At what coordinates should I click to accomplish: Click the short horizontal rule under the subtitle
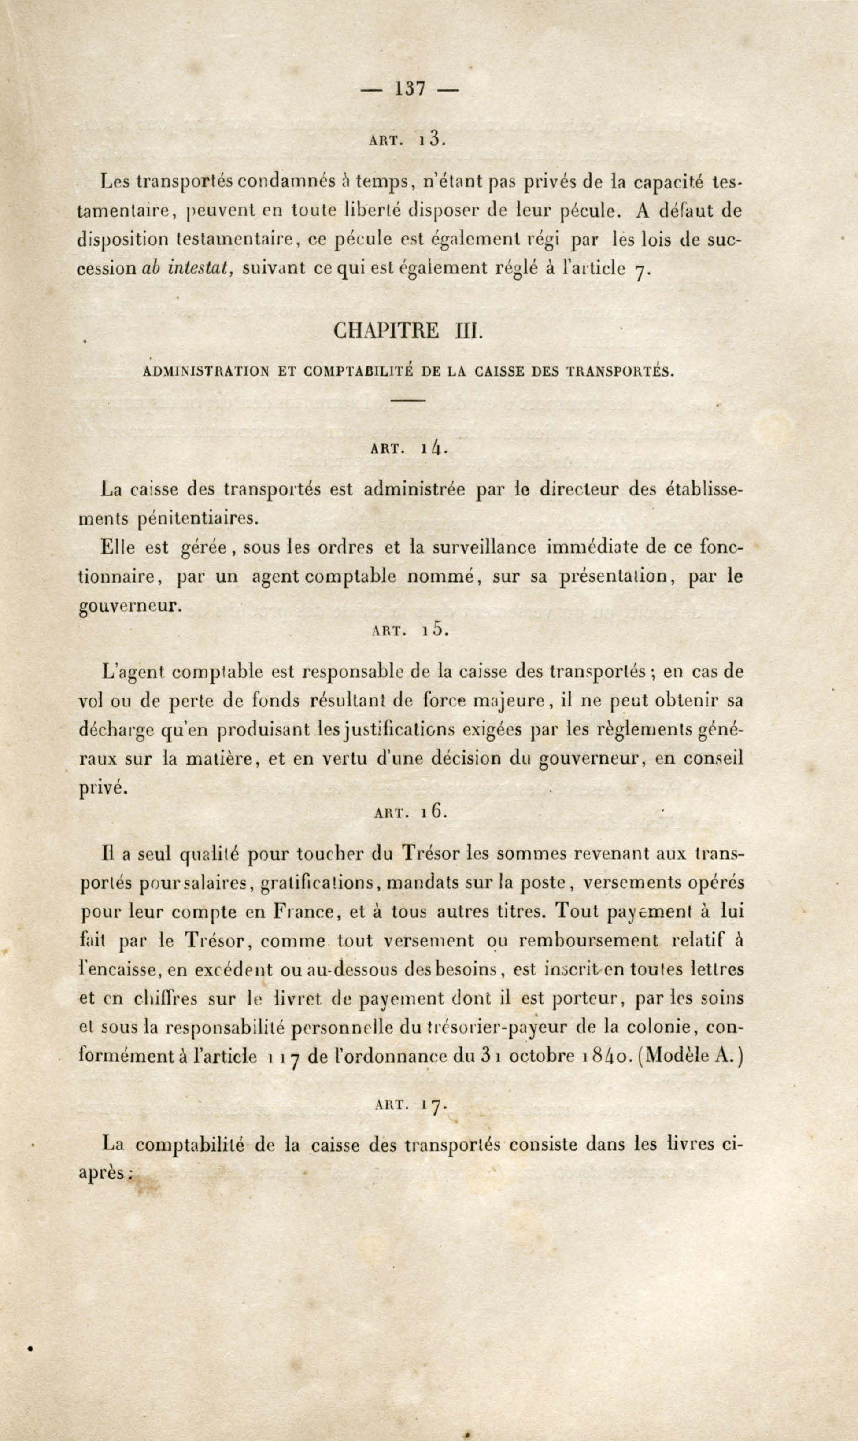[409, 400]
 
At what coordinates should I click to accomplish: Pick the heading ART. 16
[410, 812]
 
